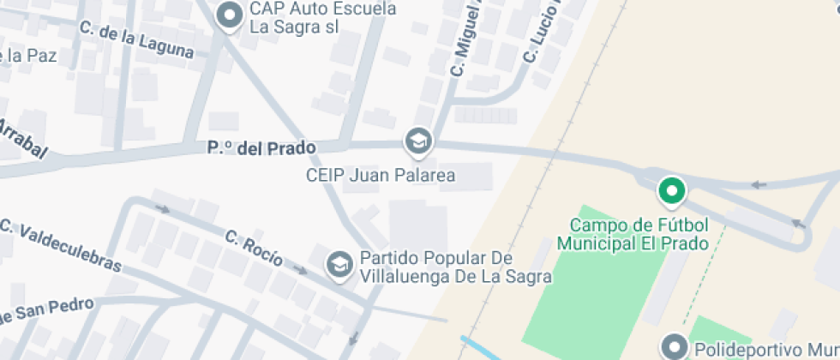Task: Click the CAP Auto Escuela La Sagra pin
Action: pos(228,15)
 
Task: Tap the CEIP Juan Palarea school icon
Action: pos(418,141)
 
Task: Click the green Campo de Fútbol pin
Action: pos(672,190)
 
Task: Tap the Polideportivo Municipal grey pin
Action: pos(674,347)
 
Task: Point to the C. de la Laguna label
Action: pos(136,39)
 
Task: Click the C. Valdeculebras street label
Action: pos(60,245)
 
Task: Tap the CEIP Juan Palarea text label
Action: pos(380,176)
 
